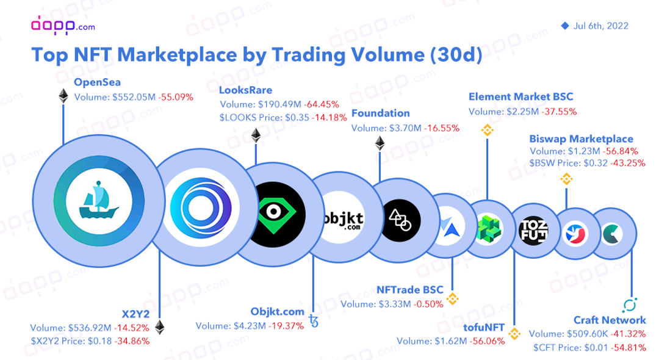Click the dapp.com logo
click(x=63, y=25)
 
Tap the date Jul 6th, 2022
click(x=600, y=26)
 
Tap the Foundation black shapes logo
click(x=400, y=220)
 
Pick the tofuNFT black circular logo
click(x=534, y=230)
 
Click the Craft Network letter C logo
click(x=612, y=234)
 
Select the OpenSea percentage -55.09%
click(x=176, y=97)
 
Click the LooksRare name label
click(x=245, y=90)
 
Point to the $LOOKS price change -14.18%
click(x=329, y=118)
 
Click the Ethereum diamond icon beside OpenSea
click(x=63, y=96)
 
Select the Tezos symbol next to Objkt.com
click(x=314, y=321)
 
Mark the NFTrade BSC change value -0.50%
click(x=429, y=304)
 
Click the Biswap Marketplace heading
click(x=582, y=139)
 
